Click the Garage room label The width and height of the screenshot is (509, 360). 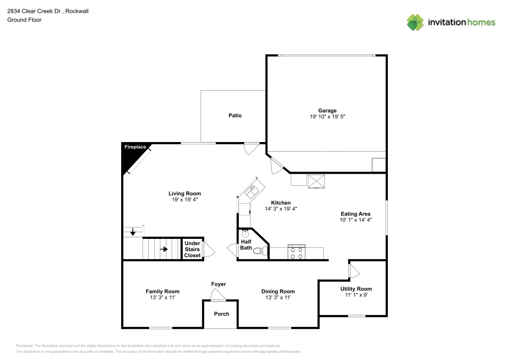[x=327, y=110]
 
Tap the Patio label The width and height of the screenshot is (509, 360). [x=235, y=116]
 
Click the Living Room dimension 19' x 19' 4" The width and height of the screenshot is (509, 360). [x=185, y=200]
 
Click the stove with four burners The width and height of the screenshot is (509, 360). [x=297, y=253]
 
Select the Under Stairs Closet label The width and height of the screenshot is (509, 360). [x=192, y=249]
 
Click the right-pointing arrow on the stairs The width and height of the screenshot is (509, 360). [x=164, y=250]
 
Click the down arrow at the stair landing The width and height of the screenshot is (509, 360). [x=133, y=232]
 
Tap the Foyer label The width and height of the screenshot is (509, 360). [x=218, y=284]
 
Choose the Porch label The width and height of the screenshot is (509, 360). [x=221, y=314]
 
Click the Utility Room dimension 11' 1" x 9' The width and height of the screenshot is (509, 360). [x=356, y=295]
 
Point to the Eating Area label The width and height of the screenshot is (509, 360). [x=355, y=214]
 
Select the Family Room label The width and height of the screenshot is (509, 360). [x=162, y=291]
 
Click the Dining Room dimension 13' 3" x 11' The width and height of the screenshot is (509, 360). [x=278, y=298]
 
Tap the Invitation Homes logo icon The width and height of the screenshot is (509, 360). [x=415, y=22]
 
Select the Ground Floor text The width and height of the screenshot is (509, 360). [x=24, y=20]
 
